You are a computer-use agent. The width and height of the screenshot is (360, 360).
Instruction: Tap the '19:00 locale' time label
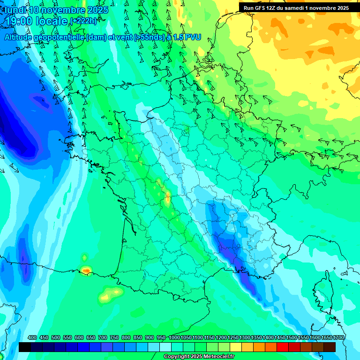pyautogui.click(x=35, y=21)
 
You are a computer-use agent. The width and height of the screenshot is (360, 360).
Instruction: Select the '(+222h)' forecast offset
pyautogui.click(x=83, y=21)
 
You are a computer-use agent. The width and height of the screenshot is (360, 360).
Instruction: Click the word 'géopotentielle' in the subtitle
pyautogui.click(x=60, y=37)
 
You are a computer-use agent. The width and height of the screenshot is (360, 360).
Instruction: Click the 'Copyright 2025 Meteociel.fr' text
pyautogui.click(x=199, y=357)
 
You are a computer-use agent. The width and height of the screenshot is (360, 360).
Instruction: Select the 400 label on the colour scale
pyautogui.click(x=32, y=338)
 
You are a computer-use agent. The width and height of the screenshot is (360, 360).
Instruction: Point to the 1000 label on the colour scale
pyautogui.click(x=174, y=338)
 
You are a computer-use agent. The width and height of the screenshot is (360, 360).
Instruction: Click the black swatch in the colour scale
pyautogui.click(x=25, y=347)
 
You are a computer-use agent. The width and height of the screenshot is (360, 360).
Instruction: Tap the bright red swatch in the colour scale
pyautogui.click(x=283, y=347)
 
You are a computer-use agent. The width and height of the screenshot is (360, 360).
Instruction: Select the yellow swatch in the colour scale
pyautogui.click(x=236, y=347)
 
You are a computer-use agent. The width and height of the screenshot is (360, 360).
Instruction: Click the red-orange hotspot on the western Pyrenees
pyautogui.click(x=86, y=270)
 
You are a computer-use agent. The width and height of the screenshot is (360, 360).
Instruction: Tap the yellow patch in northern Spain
pyautogui.click(x=111, y=294)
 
